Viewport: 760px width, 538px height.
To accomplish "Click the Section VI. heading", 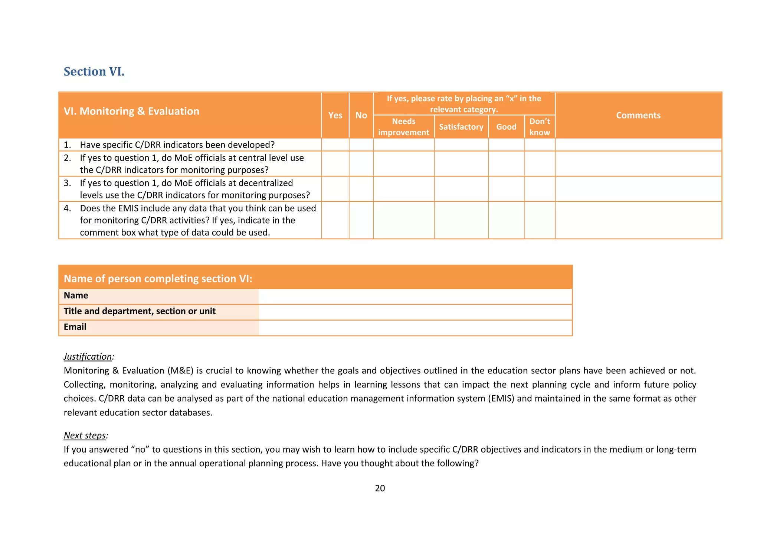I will [x=94, y=71].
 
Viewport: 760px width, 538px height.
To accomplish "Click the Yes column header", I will [x=335, y=115].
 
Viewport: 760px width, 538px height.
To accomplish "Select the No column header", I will [x=361, y=115].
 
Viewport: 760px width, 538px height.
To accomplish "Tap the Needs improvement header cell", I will [x=403, y=127].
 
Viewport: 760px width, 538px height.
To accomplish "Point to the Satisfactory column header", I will [x=461, y=127].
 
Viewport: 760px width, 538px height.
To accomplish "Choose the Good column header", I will [x=506, y=127].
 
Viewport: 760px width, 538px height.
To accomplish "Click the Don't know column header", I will [x=540, y=127].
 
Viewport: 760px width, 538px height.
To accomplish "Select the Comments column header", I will [x=638, y=115].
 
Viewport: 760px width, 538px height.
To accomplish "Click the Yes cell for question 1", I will [x=335, y=145].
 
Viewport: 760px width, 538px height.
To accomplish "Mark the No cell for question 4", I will [x=361, y=220].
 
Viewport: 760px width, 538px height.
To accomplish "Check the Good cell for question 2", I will [x=506, y=163].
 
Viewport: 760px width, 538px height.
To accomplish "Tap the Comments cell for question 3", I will [x=638, y=189].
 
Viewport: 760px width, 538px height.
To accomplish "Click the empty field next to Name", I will [x=415, y=296].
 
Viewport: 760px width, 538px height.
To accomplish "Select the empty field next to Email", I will [x=415, y=328].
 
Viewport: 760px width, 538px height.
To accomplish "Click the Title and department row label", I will [x=140, y=311].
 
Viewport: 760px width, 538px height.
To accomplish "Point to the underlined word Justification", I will [x=88, y=357].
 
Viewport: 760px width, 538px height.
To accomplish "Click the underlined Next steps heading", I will [x=85, y=435].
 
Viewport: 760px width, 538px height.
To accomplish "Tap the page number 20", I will [x=380, y=488].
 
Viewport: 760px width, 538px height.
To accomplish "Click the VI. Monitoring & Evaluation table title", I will [x=131, y=111].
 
